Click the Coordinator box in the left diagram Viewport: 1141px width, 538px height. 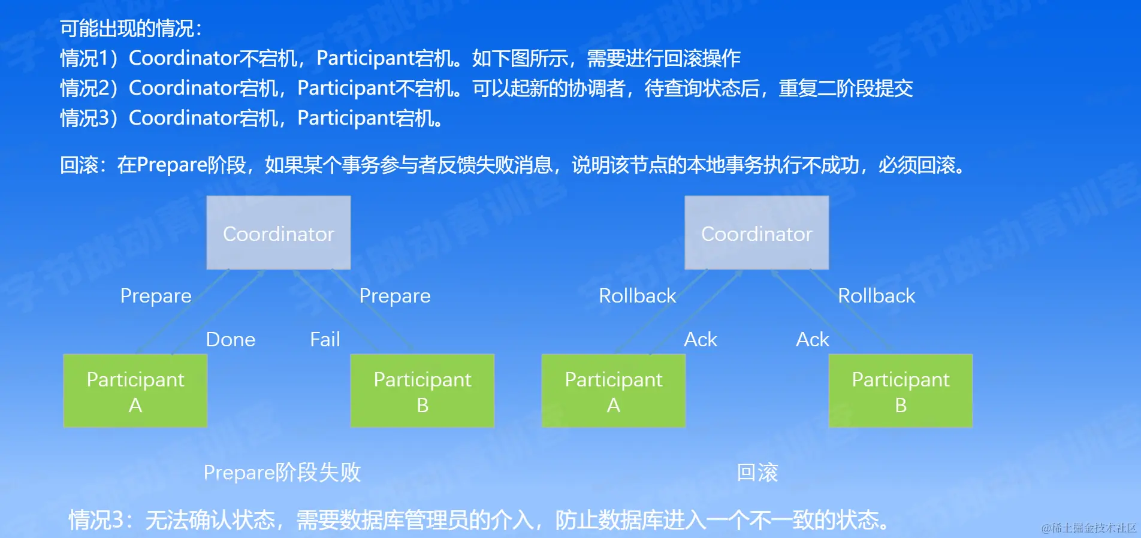[x=279, y=232]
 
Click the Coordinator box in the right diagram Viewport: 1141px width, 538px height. [x=757, y=232]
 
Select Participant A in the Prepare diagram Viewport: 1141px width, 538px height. [x=135, y=391]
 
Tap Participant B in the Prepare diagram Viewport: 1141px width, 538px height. [x=422, y=391]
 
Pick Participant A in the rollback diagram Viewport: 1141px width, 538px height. [x=614, y=391]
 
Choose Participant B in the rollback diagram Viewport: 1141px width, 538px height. [x=901, y=391]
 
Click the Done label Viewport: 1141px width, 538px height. [x=231, y=340]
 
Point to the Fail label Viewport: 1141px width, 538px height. [x=325, y=340]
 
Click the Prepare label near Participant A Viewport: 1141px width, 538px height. [x=156, y=296]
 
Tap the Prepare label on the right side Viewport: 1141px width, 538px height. [x=395, y=296]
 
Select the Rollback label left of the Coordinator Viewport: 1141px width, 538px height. [x=638, y=295]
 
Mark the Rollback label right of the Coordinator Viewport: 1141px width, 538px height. [x=877, y=295]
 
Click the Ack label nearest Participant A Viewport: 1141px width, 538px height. [x=701, y=340]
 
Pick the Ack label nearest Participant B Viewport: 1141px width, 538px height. [x=813, y=340]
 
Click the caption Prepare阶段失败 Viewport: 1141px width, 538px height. [x=282, y=473]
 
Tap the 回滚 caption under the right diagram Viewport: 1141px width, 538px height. [x=757, y=473]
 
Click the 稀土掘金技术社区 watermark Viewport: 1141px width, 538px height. [x=1089, y=528]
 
